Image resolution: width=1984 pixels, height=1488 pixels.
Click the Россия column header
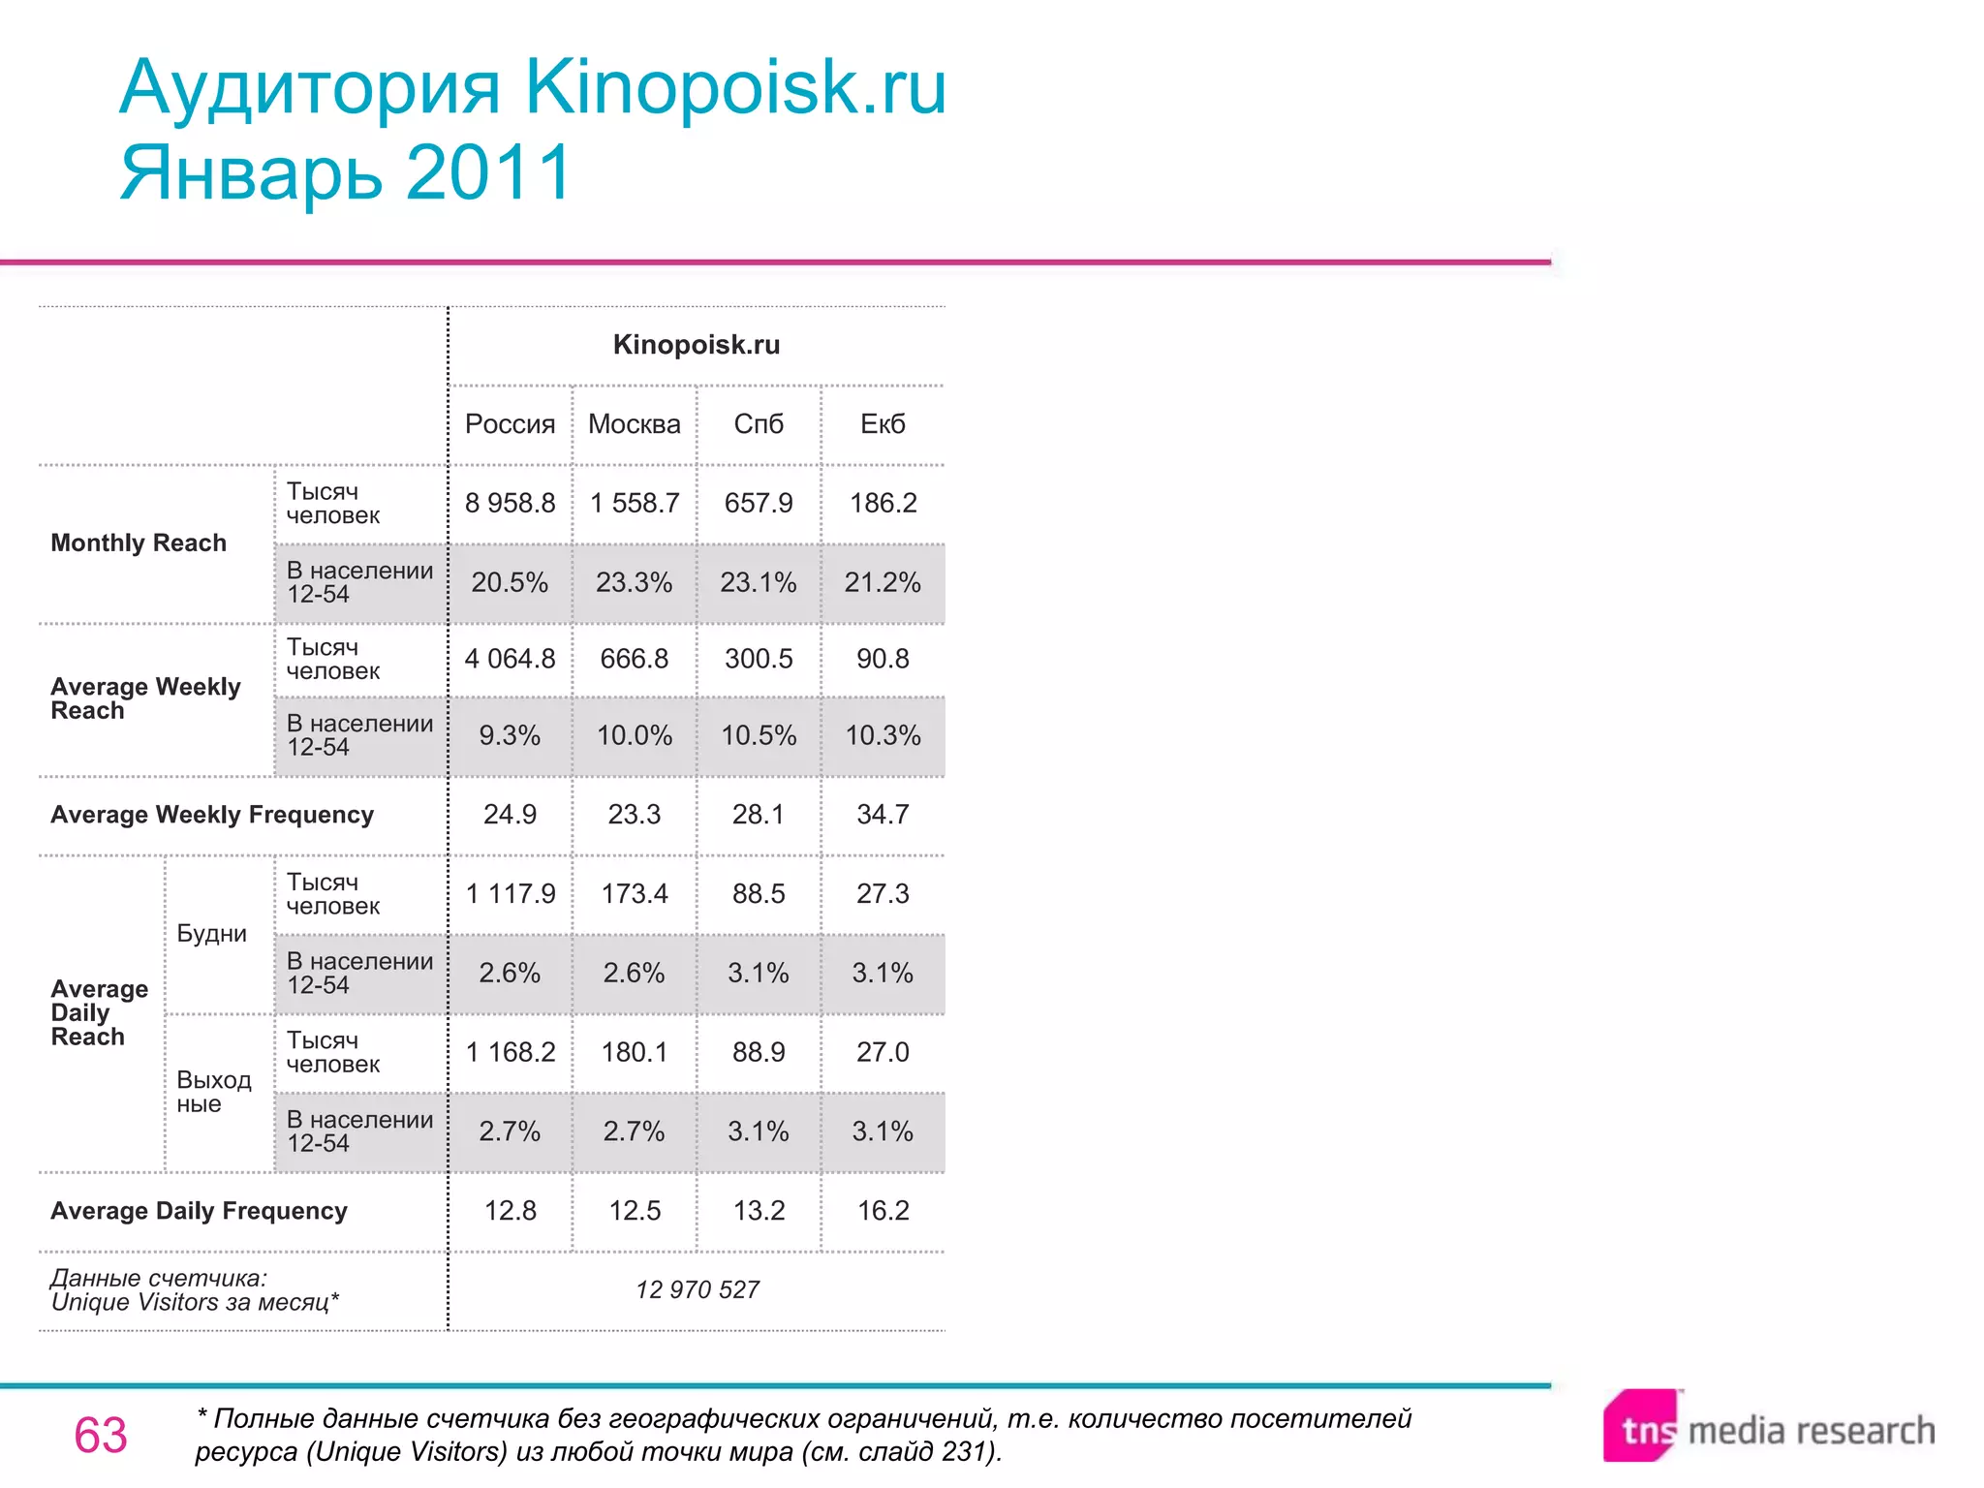(x=510, y=424)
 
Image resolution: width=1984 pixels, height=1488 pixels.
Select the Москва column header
(x=634, y=424)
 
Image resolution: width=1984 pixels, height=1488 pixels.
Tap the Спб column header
(x=759, y=424)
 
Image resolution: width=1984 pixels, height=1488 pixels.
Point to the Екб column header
(x=883, y=424)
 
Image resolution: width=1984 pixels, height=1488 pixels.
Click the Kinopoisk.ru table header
(x=697, y=345)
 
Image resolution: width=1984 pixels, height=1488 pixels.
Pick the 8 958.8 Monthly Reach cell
(x=510, y=503)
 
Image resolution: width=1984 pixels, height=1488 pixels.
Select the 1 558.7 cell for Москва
(x=635, y=503)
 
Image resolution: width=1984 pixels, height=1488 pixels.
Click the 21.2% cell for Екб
(x=883, y=582)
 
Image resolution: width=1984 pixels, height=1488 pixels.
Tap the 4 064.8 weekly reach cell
(x=510, y=659)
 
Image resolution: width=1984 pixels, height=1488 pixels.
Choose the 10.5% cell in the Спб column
(x=759, y=735)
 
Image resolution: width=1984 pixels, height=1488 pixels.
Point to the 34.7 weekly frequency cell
(x=883, y=815)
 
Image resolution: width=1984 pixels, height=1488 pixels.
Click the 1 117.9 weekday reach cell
(x=510, y=893)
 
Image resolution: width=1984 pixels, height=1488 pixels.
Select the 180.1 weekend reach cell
(x=635, y=1052)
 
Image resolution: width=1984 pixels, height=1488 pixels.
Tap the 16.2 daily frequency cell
(x=883, y=1211)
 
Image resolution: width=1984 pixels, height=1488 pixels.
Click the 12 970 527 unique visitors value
(x=697, y=1290)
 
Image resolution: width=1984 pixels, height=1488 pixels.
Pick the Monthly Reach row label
(x=139, y=543)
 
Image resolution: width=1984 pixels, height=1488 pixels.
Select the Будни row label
(x=212, y=934)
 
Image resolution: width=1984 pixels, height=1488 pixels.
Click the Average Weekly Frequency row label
(x=212, y=815)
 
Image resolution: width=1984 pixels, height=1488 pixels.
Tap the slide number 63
(x=101, y=1436)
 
